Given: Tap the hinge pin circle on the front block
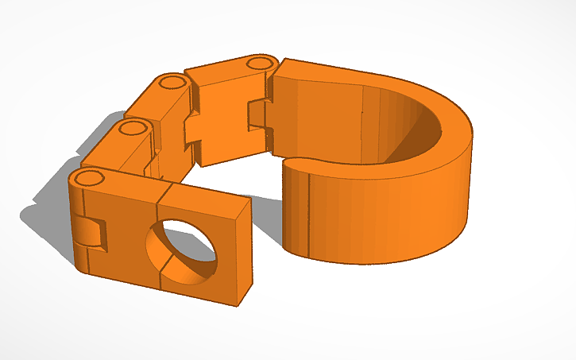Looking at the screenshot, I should click(90, 177).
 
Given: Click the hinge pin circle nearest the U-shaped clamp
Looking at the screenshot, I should click(257, 64).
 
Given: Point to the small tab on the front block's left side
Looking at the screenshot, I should click(90, 232).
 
